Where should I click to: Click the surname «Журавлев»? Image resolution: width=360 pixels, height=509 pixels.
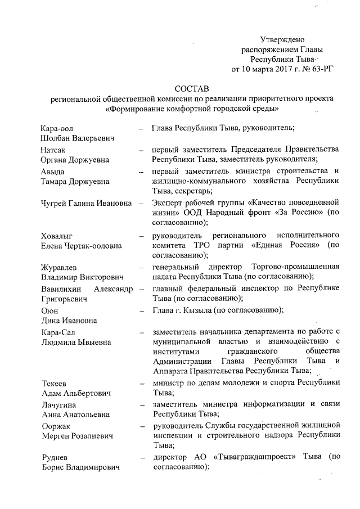click(62, 267)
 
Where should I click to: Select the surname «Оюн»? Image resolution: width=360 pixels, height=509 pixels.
click(49, 310)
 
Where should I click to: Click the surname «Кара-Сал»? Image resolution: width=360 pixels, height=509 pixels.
click(58, 331)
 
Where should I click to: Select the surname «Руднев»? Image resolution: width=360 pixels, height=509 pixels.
click(56, 457)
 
